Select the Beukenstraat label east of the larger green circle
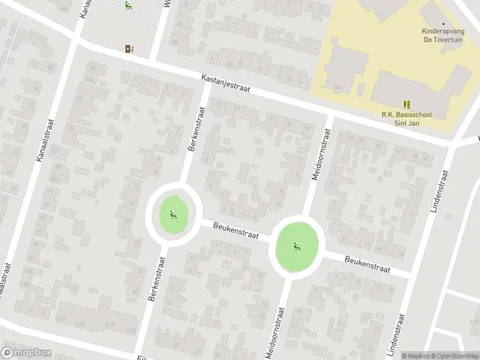click(x=367, y=264)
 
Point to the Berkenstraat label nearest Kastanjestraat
click(x=197, y=130)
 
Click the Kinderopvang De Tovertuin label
click(x=443, y=35)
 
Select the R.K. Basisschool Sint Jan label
click(x=407, y=119)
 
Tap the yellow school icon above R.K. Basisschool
click(x=407, y=104)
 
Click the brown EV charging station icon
click(x=129, y=49)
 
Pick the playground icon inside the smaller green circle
click(x=173, y=214)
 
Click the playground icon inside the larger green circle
click(x=296, y=245)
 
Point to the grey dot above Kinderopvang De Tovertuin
click(x=443, y=23)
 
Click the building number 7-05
click(x=110, y=325)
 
